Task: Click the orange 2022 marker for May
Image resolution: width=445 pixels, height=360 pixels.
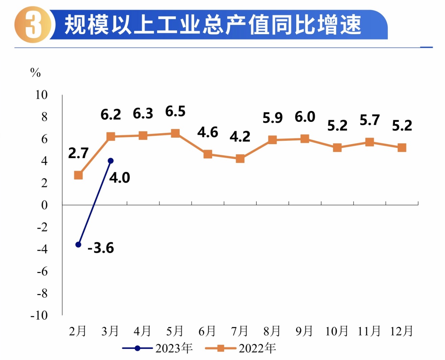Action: [x=175, y=133]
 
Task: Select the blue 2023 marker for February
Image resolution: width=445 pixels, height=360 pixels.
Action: [x=78, y=244]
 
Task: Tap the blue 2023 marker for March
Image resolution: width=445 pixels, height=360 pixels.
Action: [x=111, y=161]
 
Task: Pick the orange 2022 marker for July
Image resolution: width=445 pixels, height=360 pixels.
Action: [x=240, y=159]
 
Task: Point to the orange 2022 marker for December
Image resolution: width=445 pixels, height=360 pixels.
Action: [x=402, y=148]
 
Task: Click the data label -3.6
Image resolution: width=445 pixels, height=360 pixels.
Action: [x=101, y=248]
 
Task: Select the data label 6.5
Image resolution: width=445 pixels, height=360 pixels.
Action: [x=175, y=111]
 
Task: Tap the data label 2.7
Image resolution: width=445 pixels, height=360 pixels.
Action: [x=78, y=153]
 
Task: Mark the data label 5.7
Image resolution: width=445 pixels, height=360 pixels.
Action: [x=370, y=120]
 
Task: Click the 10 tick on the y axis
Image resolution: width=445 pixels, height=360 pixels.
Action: [x=42, y=95]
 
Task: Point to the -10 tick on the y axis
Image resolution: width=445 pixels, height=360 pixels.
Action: [x=39, y=315]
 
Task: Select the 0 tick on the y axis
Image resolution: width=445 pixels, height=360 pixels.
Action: [x=44, y=205]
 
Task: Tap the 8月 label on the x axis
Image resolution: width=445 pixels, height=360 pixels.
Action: [x=272, y=331]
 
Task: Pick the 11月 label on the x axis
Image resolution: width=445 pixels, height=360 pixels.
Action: [x=369, y=331]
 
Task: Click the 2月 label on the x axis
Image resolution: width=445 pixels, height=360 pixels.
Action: [x=78, y=331]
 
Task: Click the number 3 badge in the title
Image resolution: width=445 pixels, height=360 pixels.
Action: [x=33, y=25]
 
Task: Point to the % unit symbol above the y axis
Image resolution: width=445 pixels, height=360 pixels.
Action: [x=36, y=72]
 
